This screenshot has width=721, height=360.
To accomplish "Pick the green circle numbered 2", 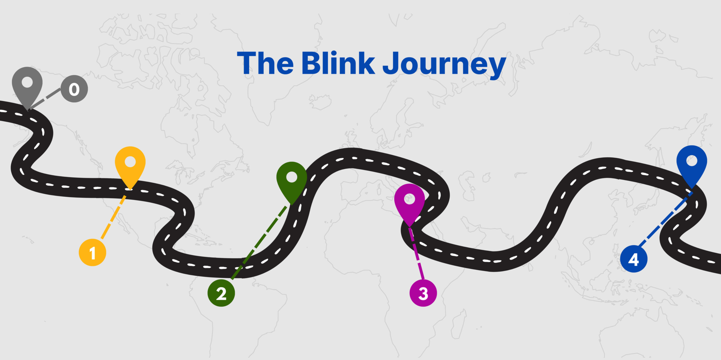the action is click(221, 293).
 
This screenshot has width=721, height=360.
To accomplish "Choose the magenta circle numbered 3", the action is click(423, 293).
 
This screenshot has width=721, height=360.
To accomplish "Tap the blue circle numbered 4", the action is click(634, 259).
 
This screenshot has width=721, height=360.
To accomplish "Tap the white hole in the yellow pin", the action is click(130, 162).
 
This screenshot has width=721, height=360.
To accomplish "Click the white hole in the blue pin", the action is click(692, 161).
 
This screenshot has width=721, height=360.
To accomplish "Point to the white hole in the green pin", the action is click(292, 177).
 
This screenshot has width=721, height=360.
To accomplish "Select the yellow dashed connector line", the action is click(113, 217).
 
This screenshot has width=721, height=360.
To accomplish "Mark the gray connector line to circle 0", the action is click(45, 99).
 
